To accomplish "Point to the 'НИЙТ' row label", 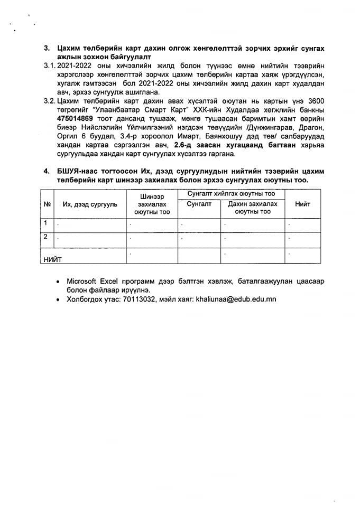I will pos(53,259).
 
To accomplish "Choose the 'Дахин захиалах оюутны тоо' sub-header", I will pos(253,208).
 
